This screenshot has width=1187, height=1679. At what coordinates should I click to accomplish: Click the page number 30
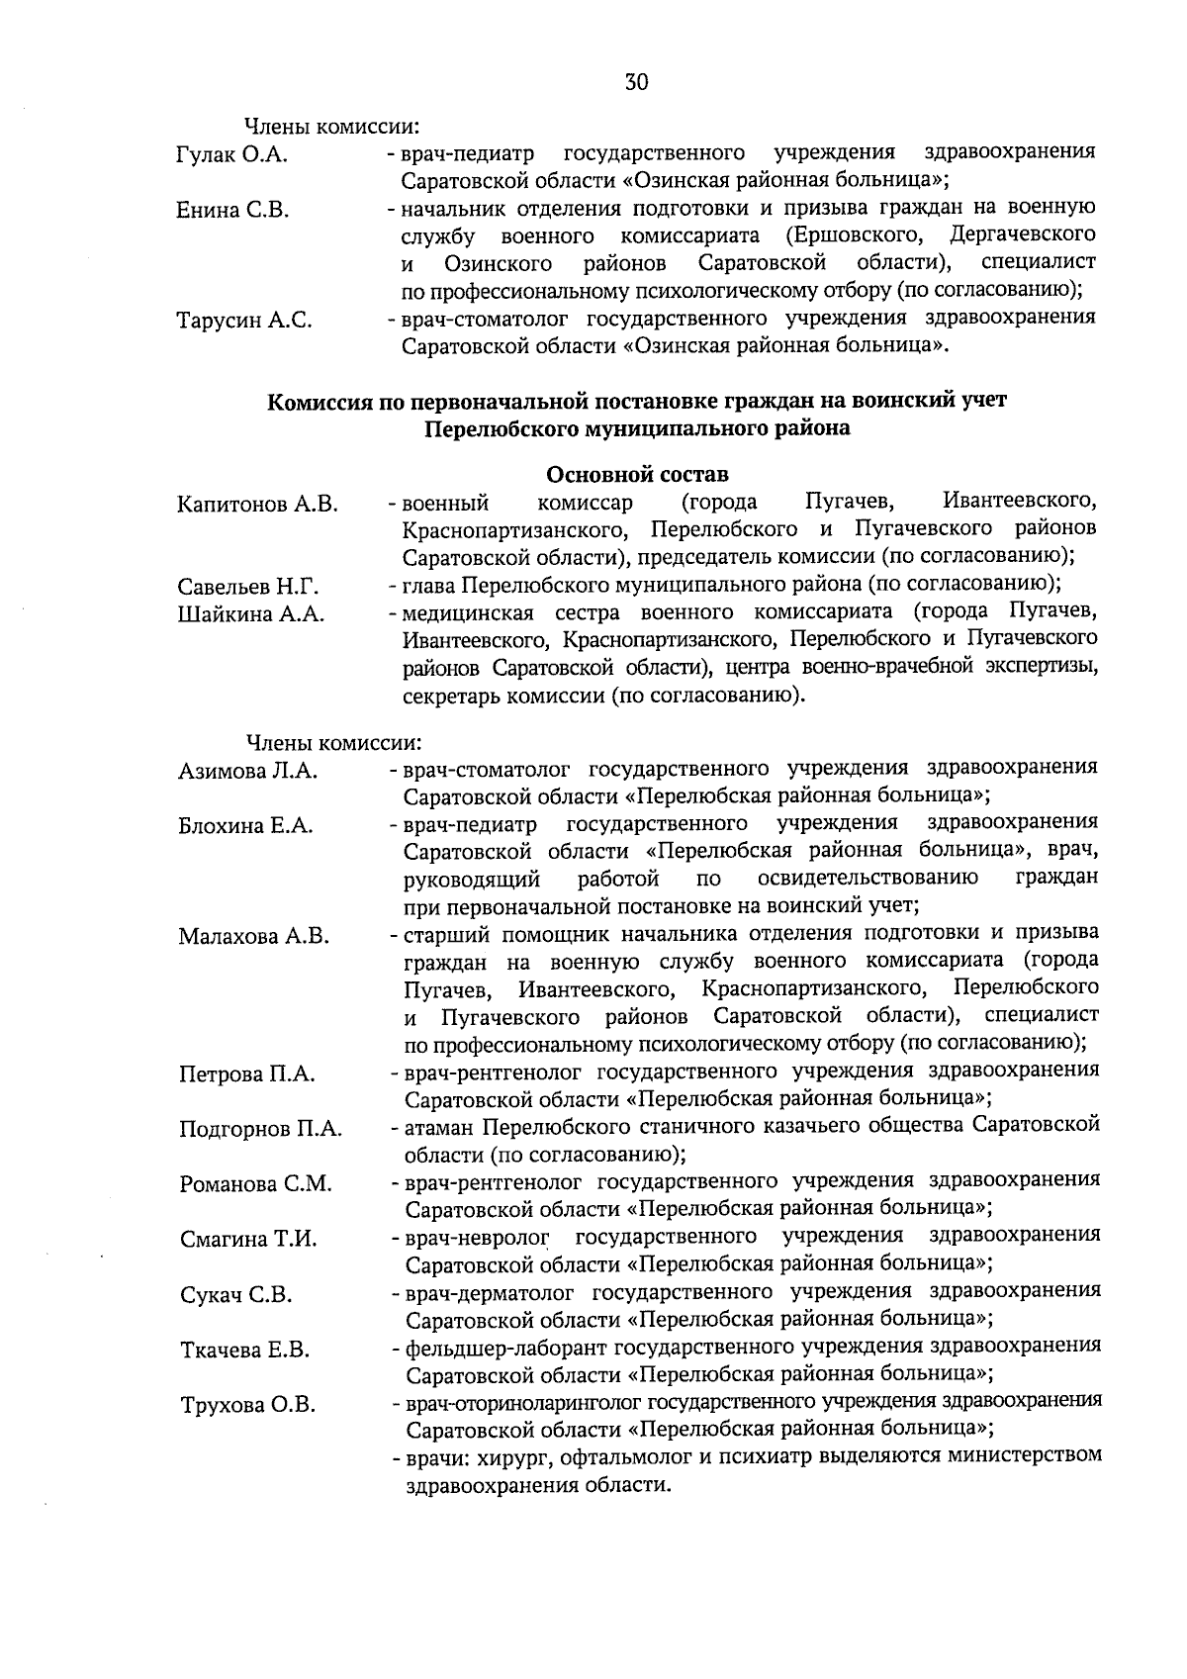point(636,82)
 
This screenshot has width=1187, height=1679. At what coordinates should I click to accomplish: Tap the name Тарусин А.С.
point(244,321)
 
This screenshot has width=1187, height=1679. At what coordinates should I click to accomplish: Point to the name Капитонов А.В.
point(257,505)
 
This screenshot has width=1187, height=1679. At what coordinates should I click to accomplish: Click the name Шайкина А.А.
point(250,614)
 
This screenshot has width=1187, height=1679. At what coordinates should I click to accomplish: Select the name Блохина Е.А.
point(245,826)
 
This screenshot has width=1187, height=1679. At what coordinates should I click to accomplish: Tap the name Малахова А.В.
point(253,937)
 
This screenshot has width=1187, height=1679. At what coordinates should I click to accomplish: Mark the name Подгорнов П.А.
point(260,1130)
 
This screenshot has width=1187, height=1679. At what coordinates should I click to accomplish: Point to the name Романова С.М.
point(255,1184)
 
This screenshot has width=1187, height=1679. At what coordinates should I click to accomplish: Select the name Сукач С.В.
point(235,1295)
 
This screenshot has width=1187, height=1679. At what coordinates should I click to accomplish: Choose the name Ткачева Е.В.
point(244,1351)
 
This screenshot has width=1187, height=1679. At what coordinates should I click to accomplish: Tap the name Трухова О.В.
point(247,1405)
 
